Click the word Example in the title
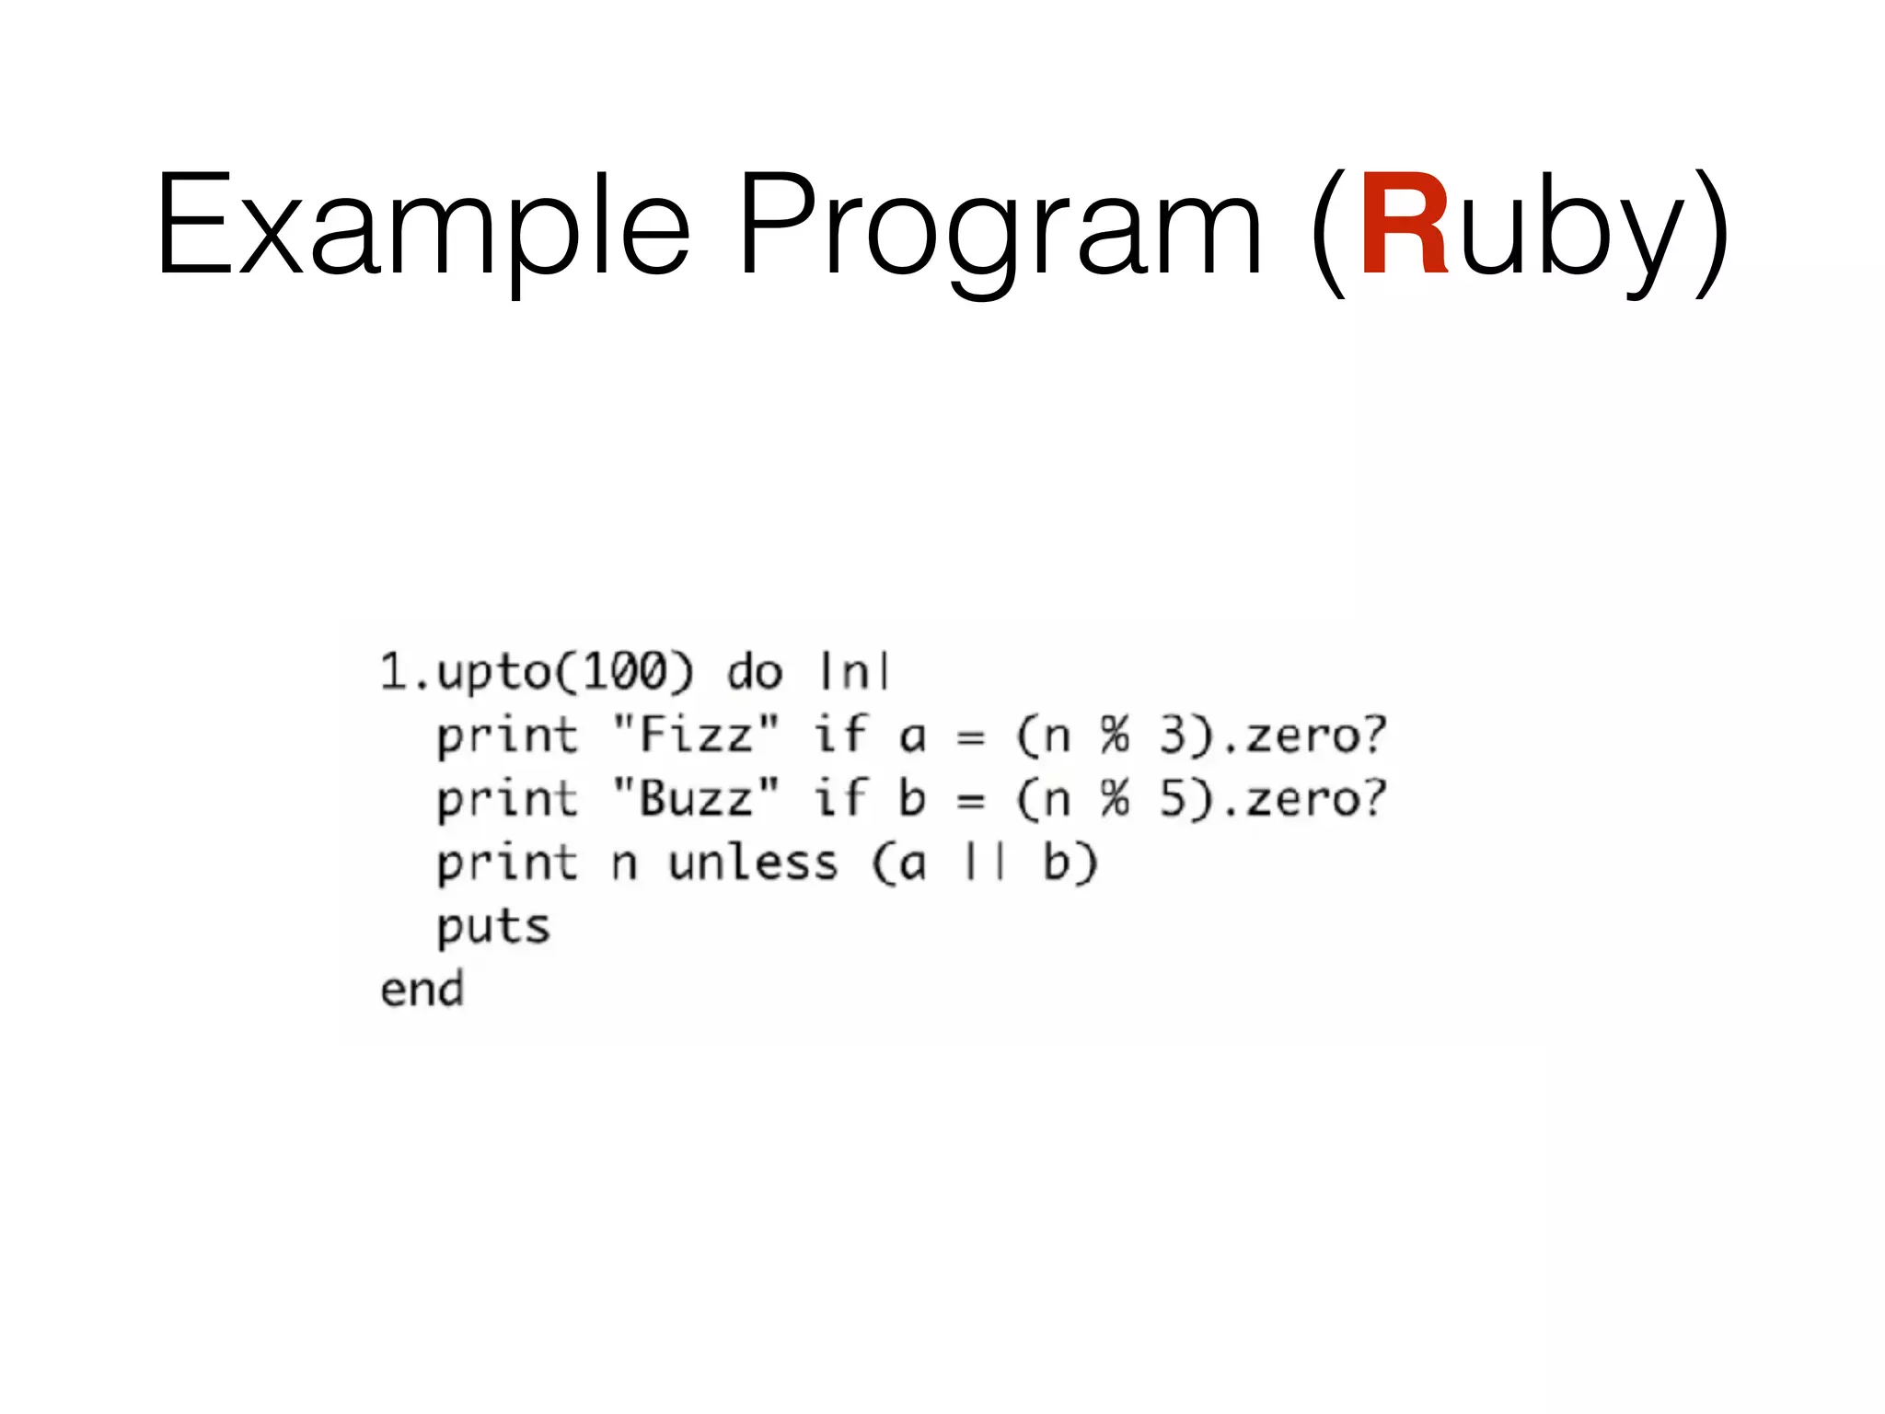[422, 226]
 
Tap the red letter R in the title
[1404, 226]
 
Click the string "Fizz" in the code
[696, 736]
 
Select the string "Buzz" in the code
[696, 798]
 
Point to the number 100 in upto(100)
[625, 671]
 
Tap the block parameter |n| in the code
[854, 671]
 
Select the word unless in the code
[753, 863]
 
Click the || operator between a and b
[985, 863]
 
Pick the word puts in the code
[493, 927]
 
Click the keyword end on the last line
[422, 990]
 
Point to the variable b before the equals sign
[911, 798]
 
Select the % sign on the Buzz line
[1115, 798]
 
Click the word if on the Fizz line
[840, 736]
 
